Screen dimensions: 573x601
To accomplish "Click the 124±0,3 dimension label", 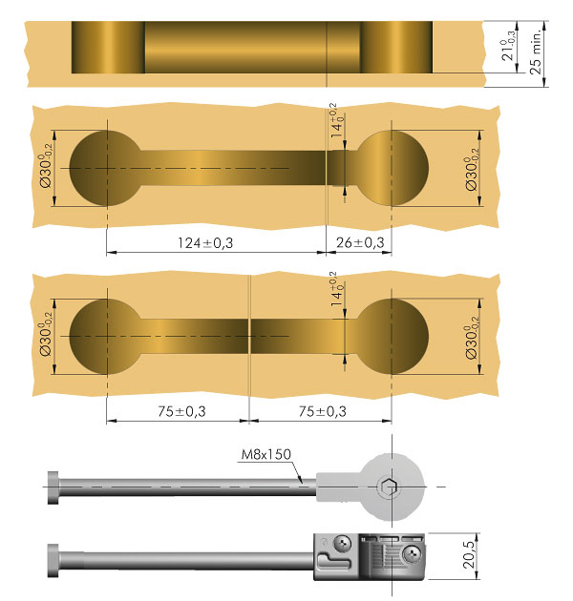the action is (x=205, y=243).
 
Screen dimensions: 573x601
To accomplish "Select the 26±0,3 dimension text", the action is (x=360, y=242).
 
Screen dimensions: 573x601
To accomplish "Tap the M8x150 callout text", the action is (x=265, y=454).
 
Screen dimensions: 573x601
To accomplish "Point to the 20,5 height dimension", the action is (x=469, y=554).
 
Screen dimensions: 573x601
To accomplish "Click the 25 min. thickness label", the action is (x=536, y=51).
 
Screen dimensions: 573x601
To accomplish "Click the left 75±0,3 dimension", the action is (x=181, y=411).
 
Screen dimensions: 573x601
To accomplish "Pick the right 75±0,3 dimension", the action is (x=323, y=411).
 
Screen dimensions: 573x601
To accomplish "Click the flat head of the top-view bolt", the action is (x=53, y=487).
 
